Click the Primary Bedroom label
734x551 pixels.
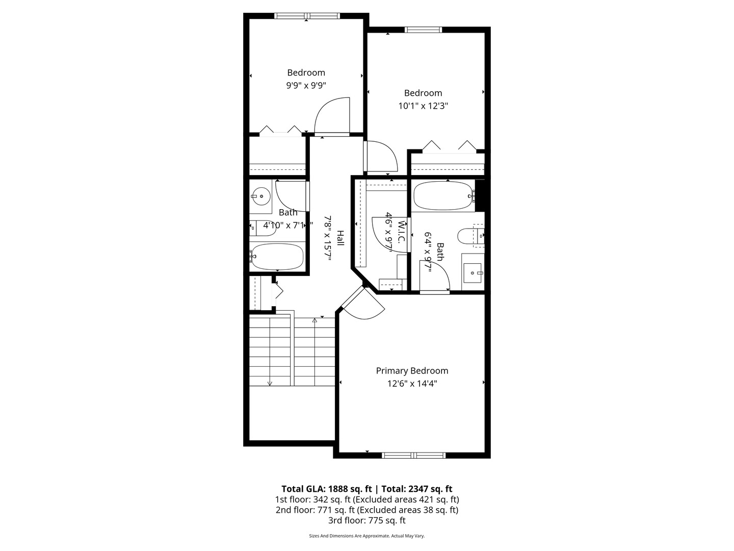click(412, 371)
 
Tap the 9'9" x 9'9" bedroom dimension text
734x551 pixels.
click(306, 86)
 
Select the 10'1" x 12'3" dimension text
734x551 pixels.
click(423, 106)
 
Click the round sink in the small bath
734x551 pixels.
click(261, 195)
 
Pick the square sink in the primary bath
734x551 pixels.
click(473, 272)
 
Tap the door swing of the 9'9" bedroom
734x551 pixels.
click(332, 116)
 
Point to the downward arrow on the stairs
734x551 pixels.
click(270, 383)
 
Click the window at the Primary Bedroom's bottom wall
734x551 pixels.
click(413, 455)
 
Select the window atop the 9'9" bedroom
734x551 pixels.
click(307, 16)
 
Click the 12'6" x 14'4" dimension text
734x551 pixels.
click(412, 384)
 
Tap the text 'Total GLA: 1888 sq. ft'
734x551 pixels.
click(326, 489)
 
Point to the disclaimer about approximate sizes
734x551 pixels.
click(366, 536)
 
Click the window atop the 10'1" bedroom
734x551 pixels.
click(423, 30)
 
